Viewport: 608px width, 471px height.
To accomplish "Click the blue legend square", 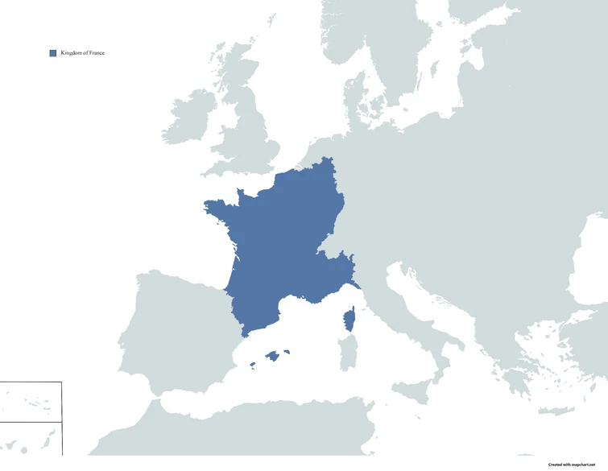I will coord(53,53).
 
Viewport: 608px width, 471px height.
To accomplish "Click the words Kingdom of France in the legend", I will coord(82,53).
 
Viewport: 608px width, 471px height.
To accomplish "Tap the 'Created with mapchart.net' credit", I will coord(577,465).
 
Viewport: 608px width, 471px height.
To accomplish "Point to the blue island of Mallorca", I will coord(274,355).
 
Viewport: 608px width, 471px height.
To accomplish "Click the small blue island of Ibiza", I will coord(252,366).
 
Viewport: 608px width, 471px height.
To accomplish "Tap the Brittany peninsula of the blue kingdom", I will coord(221,209).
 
